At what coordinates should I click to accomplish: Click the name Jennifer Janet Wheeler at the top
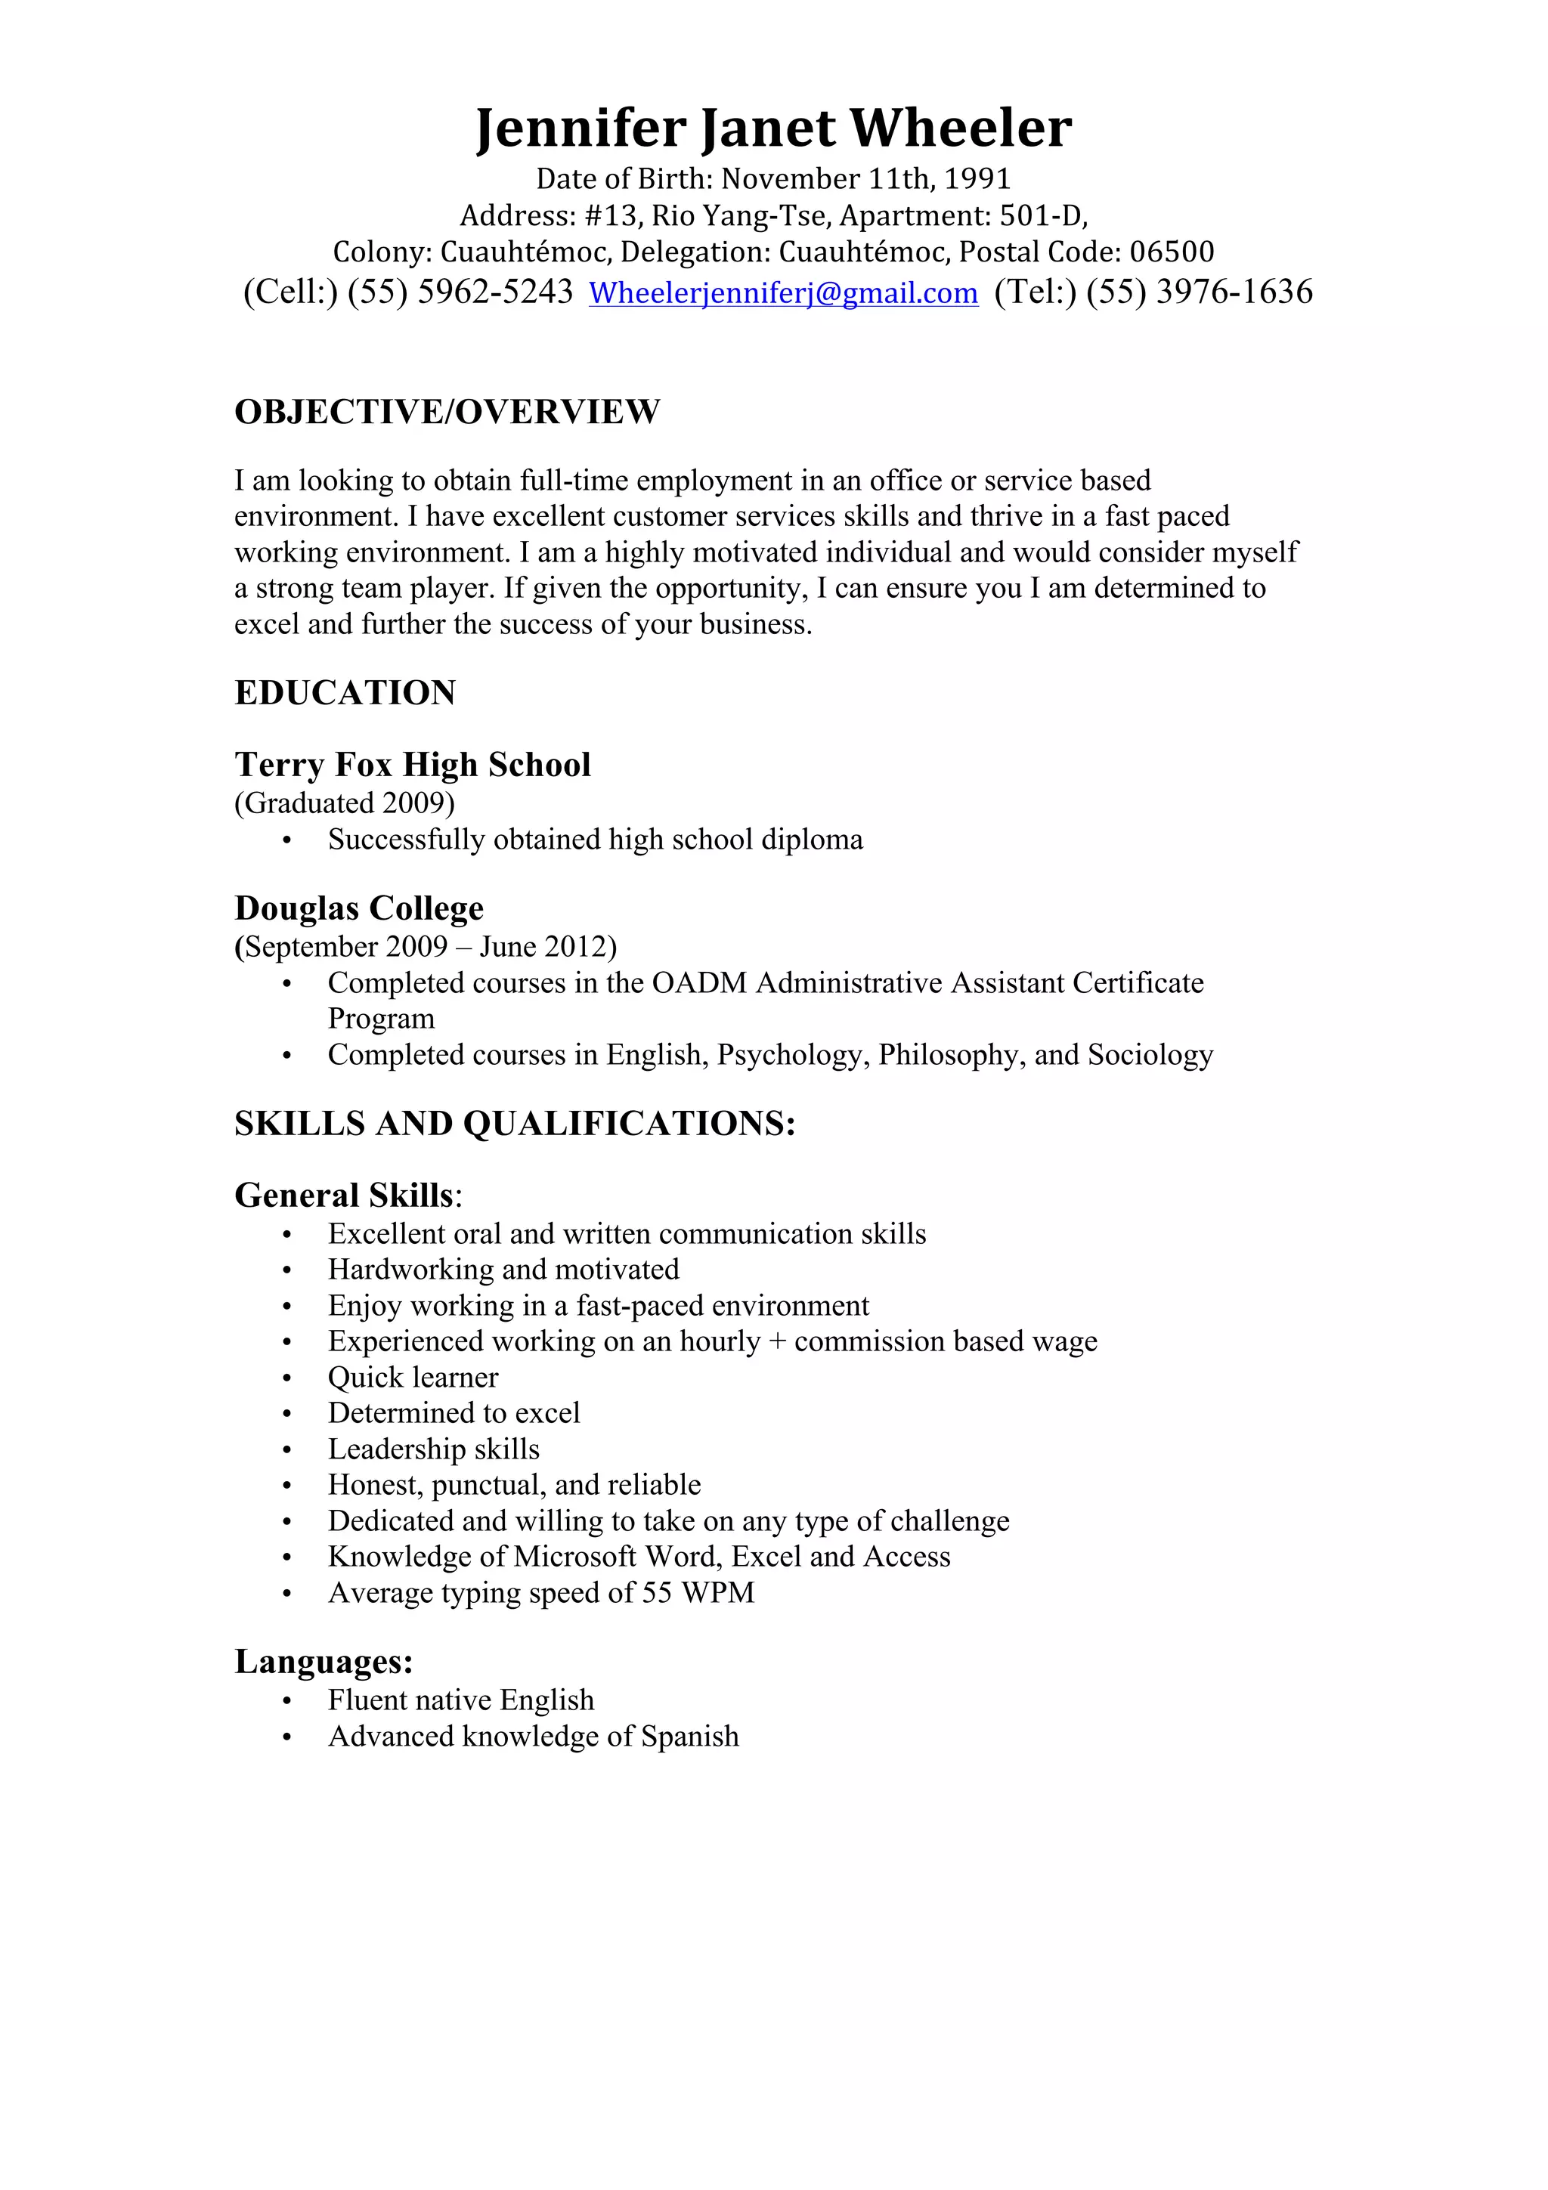click(773, 128)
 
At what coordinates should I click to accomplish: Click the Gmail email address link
click(783, 292)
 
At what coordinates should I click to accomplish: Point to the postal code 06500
click(1172, 252)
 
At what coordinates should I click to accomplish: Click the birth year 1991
click(977, 178)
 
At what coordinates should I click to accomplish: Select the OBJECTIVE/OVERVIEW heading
click(447, 412)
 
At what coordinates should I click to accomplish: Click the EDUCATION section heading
click(345, 692)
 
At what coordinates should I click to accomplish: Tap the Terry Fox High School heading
click(413, 765)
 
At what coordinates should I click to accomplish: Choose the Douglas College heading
click(358, 908)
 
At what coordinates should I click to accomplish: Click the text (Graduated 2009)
click(345, 803)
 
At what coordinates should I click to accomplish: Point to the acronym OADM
click(699, 982)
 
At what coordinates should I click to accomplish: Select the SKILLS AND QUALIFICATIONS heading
click(515, 1124)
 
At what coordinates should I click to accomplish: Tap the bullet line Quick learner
click(413, 1378)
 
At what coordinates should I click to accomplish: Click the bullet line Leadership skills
click(434, 1449)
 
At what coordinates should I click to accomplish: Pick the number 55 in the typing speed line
click(657, 1592)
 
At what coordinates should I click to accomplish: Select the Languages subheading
click(324, 1662)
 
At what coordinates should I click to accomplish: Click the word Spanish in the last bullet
click(689, 1736)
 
